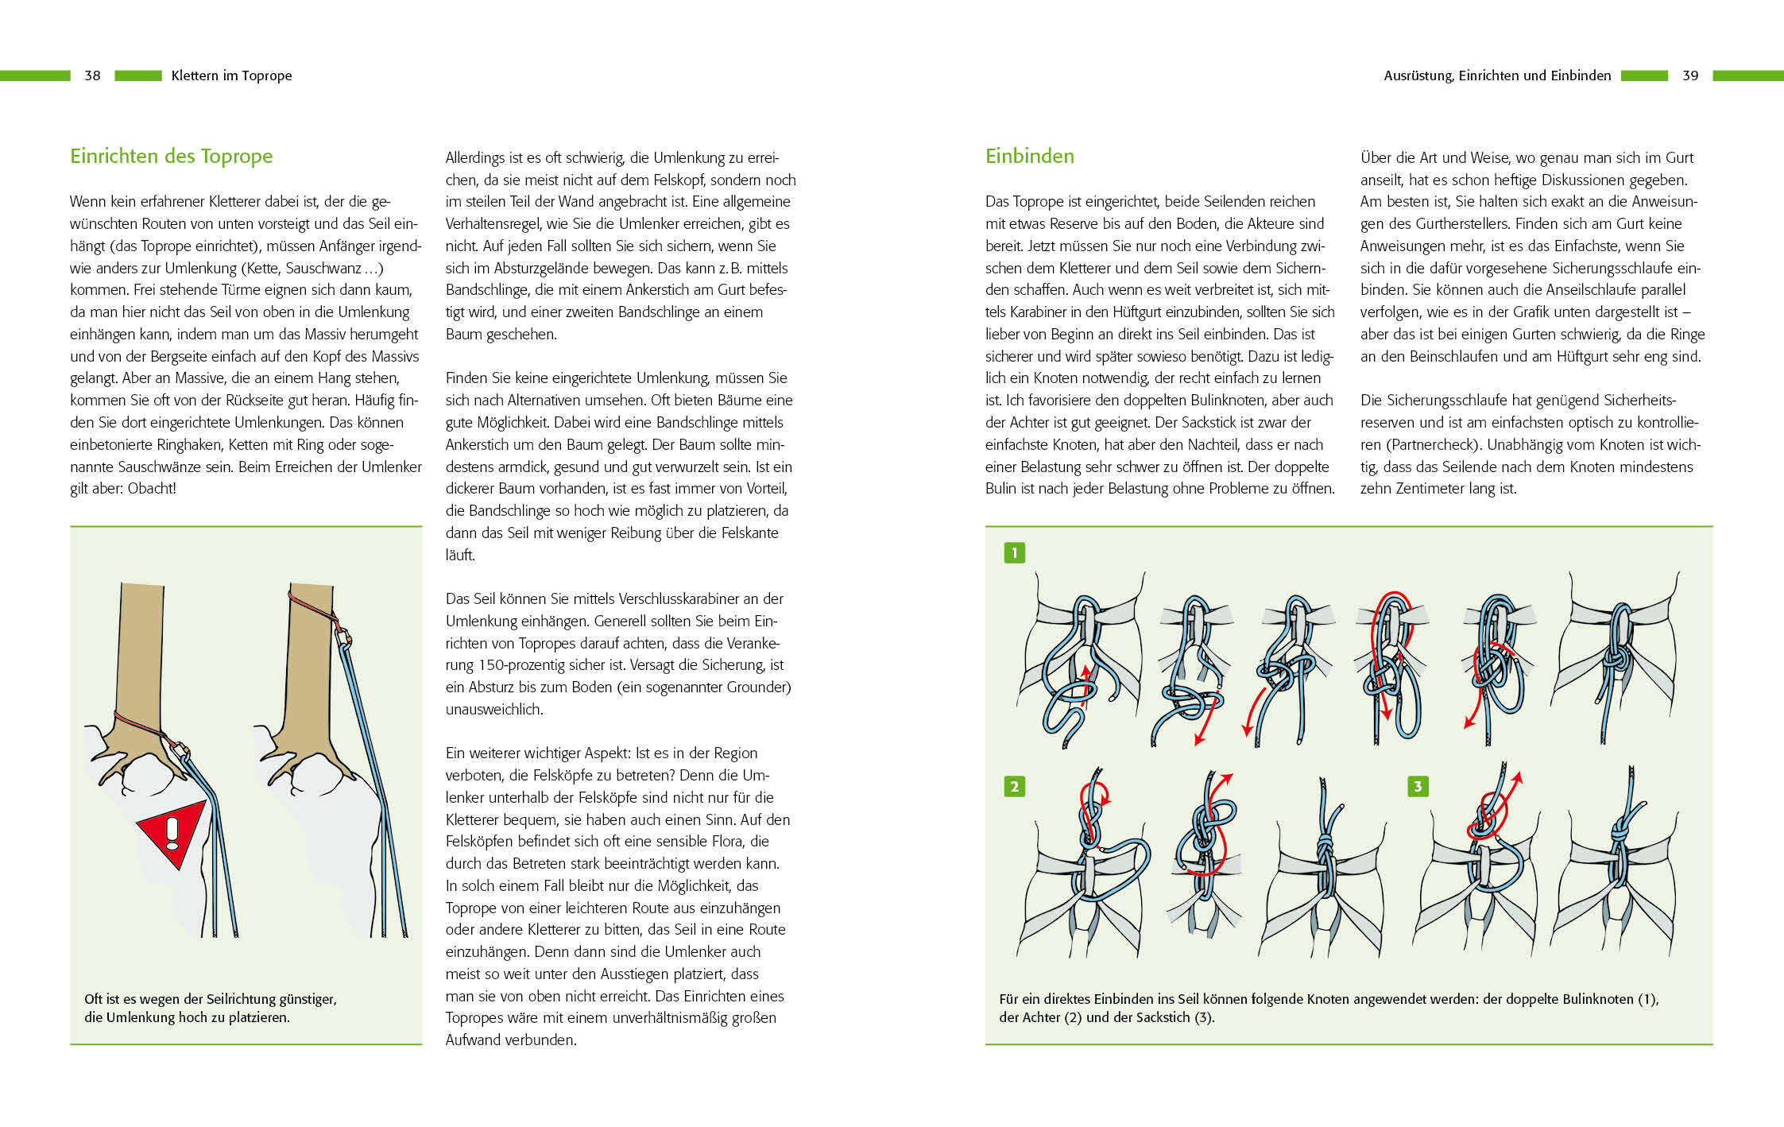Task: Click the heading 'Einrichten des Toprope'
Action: tap(171, 156)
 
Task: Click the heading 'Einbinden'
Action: tap(1029, 156)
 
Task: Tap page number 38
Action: tap(92, 76)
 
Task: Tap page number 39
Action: tap(1690, 76)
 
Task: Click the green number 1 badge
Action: tap(1014, 552)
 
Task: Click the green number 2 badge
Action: tap(1014, 787)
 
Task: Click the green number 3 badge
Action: tap(1418, 787)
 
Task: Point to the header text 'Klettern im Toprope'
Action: tap(231, 76)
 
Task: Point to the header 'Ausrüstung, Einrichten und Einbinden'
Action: tap(1497, 76)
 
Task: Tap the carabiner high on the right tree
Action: tap(345, 637)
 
